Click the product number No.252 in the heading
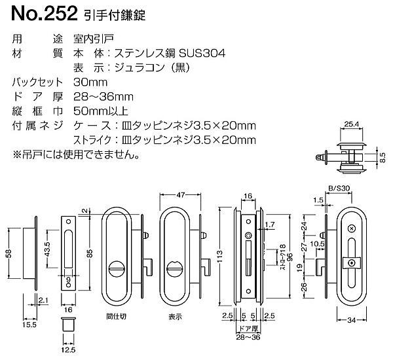pyautogui.click(x=33, y=12)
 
